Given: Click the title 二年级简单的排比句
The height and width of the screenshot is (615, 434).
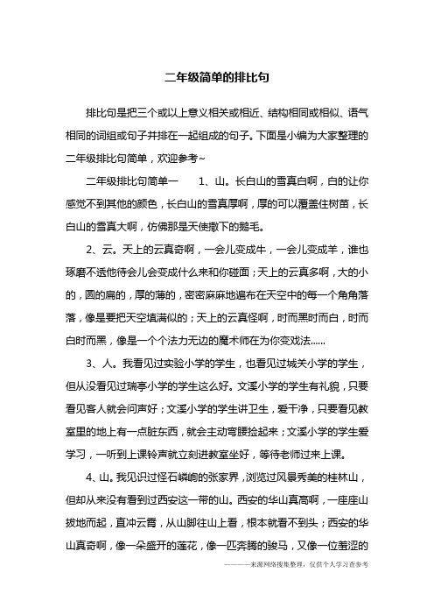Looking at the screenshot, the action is point(216,76).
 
